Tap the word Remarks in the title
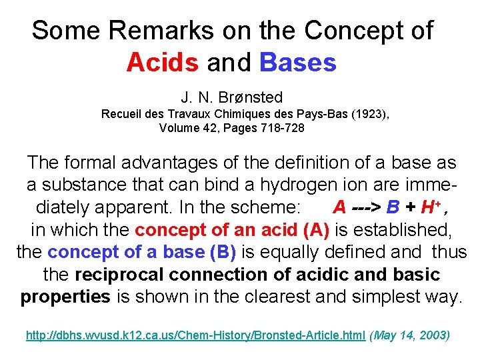point(140,31)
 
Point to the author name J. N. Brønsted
point(231,98)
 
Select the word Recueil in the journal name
point(119,114)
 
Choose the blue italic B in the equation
point(400,207)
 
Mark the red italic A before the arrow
point(339,207)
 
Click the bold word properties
point(65,297)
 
